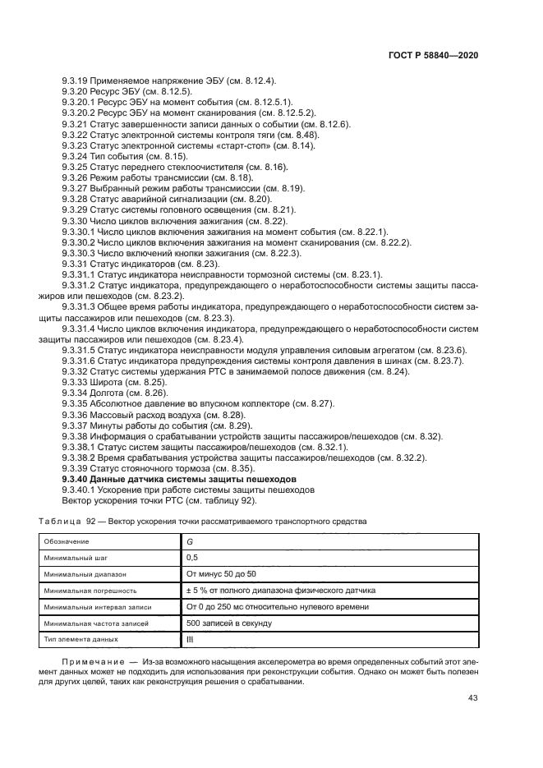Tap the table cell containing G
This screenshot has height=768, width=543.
click(191, 541)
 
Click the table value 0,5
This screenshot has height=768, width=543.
click(194, 558)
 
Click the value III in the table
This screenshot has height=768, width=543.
click(191, 639)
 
